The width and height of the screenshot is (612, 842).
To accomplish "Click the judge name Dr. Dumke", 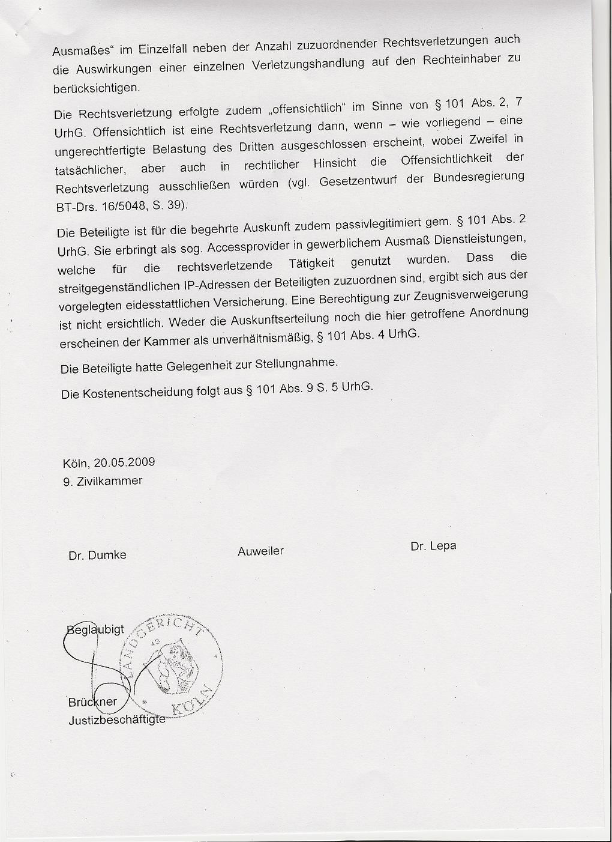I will tap(97, 556).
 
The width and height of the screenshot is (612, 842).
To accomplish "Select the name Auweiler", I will tap(260, 551).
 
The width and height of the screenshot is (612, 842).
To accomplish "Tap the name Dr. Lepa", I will tap(433, 547).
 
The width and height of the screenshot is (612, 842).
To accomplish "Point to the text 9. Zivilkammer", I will tap(103, 481).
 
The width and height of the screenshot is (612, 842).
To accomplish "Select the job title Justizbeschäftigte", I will tap(116, 719).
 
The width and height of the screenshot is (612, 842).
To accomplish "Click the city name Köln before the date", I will tap(76, 464).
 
